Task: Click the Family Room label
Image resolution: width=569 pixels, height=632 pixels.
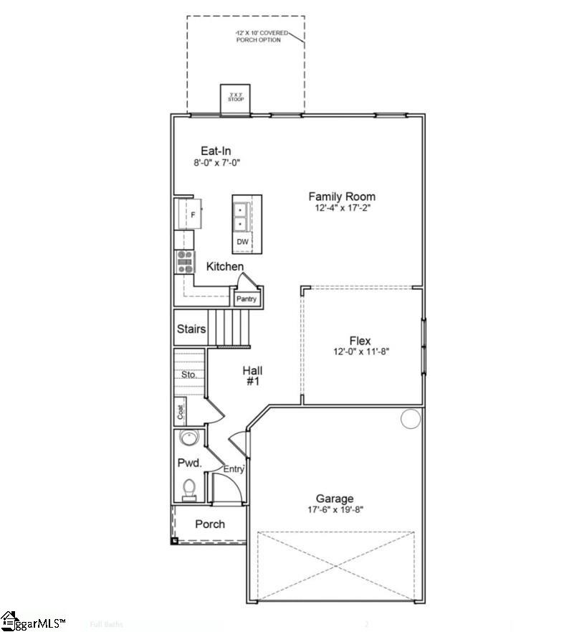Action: [341, 196]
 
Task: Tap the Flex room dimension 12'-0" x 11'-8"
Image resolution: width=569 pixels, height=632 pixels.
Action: [360, 352]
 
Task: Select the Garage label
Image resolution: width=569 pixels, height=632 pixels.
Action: [335, 499]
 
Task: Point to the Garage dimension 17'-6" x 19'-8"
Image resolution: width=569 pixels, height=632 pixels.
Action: [335, 510]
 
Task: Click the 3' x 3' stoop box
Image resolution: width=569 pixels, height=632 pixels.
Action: [235, 97]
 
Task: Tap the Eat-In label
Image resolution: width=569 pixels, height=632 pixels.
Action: [216, 151]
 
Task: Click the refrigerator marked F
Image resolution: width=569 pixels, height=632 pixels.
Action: [191, 214]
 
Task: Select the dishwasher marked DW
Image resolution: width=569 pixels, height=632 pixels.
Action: [242, 242]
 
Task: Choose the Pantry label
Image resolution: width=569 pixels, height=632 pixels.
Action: [247, 298]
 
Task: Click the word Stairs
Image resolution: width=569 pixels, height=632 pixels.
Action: [191, 329]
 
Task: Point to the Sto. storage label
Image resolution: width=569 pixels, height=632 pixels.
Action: [188, 374]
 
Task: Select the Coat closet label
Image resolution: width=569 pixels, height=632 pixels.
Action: [181, 412]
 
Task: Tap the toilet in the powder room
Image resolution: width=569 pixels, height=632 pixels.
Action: [189, 489]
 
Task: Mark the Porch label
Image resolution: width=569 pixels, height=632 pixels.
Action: [210, 524]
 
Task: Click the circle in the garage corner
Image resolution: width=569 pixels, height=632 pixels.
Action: [410, 418]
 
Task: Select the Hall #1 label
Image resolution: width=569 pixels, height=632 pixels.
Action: [252, 376]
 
